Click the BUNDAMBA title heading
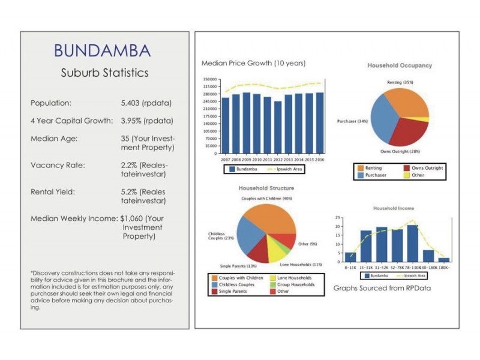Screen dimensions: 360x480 coord(102,50)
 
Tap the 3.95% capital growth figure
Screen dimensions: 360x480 coord(134,121)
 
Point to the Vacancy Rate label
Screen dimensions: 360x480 coord(58,164)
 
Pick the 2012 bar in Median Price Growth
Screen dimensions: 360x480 coord(278,127)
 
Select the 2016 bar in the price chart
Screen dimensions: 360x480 coord(320,123)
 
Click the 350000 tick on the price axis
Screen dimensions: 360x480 coord(209,79)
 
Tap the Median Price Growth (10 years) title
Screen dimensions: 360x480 coord(253,63)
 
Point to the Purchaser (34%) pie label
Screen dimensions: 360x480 coord(353,122)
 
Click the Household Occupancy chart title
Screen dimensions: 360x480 coord(400,65)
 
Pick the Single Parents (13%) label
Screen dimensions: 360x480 coord(238,265)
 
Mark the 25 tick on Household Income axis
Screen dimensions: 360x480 coord(338,217)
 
